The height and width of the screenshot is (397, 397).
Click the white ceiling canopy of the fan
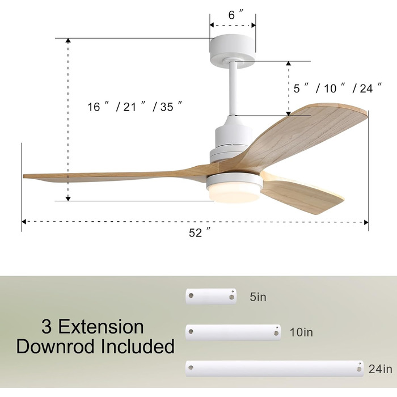(x=233, y=50)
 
